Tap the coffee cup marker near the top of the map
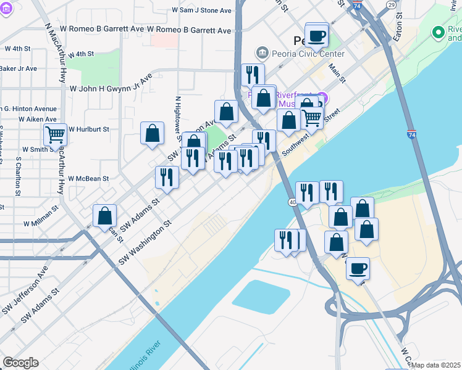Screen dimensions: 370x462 point(317,35)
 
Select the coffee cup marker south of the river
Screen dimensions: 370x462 point(358,268)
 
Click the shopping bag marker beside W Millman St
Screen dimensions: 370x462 point(105,216)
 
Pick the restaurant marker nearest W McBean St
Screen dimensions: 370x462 point(167,177)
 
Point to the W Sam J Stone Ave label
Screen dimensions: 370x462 point(202,10)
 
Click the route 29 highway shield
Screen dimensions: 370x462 point(391,4)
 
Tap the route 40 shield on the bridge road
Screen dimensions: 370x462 point(293,202)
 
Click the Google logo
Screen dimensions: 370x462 point(20,363)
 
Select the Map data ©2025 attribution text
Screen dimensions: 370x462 point(436,365)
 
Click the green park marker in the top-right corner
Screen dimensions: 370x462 point(439,31)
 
